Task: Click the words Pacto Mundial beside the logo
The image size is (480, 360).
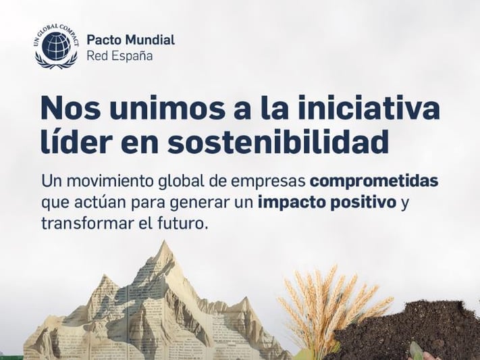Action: click(x=130, y=40)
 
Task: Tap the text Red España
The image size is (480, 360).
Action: click(x=119, y=55)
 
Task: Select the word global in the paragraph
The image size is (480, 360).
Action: click(x=193, y=182)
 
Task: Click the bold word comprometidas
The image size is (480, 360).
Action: click(x=374, y=182)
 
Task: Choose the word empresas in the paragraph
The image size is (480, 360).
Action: click(x=270, y=183)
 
